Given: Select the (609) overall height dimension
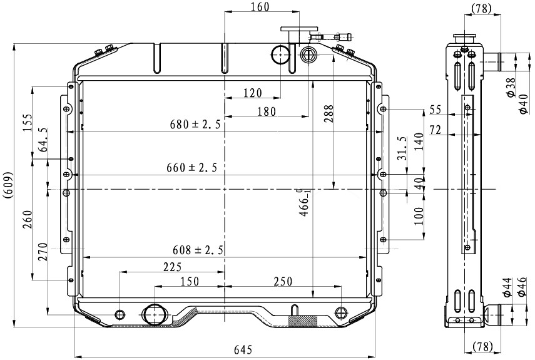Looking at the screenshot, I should tap(7, 185).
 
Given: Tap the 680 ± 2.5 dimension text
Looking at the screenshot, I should tap(195, 125).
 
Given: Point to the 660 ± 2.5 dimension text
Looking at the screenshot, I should tap(191, 168).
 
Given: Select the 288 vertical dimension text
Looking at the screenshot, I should tap(329, 111).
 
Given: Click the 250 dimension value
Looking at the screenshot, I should tap(282, 281).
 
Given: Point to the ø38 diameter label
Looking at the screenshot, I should tap(511, 87).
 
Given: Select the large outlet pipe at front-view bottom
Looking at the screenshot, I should tap(153, 314).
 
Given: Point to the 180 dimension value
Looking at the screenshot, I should tap(266, 111).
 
